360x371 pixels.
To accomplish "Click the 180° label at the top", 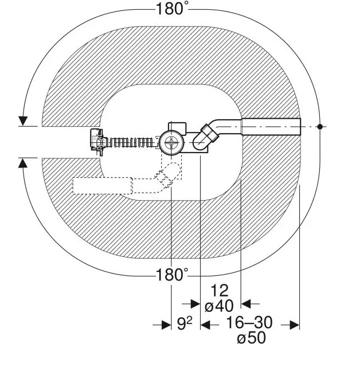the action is (x=172, y=9).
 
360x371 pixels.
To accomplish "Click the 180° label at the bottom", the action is (x=172, y=275).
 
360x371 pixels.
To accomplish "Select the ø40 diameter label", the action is (x=219, y=306).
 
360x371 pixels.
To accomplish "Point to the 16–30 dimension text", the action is (x=249, y=322).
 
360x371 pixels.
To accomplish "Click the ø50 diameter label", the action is (x=251, y=337).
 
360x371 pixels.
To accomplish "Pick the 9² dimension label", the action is (x=185, y=323).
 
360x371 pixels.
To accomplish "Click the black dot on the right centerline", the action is (x=320, y=127).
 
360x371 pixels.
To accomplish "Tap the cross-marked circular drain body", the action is (x=171, y=142).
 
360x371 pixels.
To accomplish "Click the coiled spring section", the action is (x=130, y=143).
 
